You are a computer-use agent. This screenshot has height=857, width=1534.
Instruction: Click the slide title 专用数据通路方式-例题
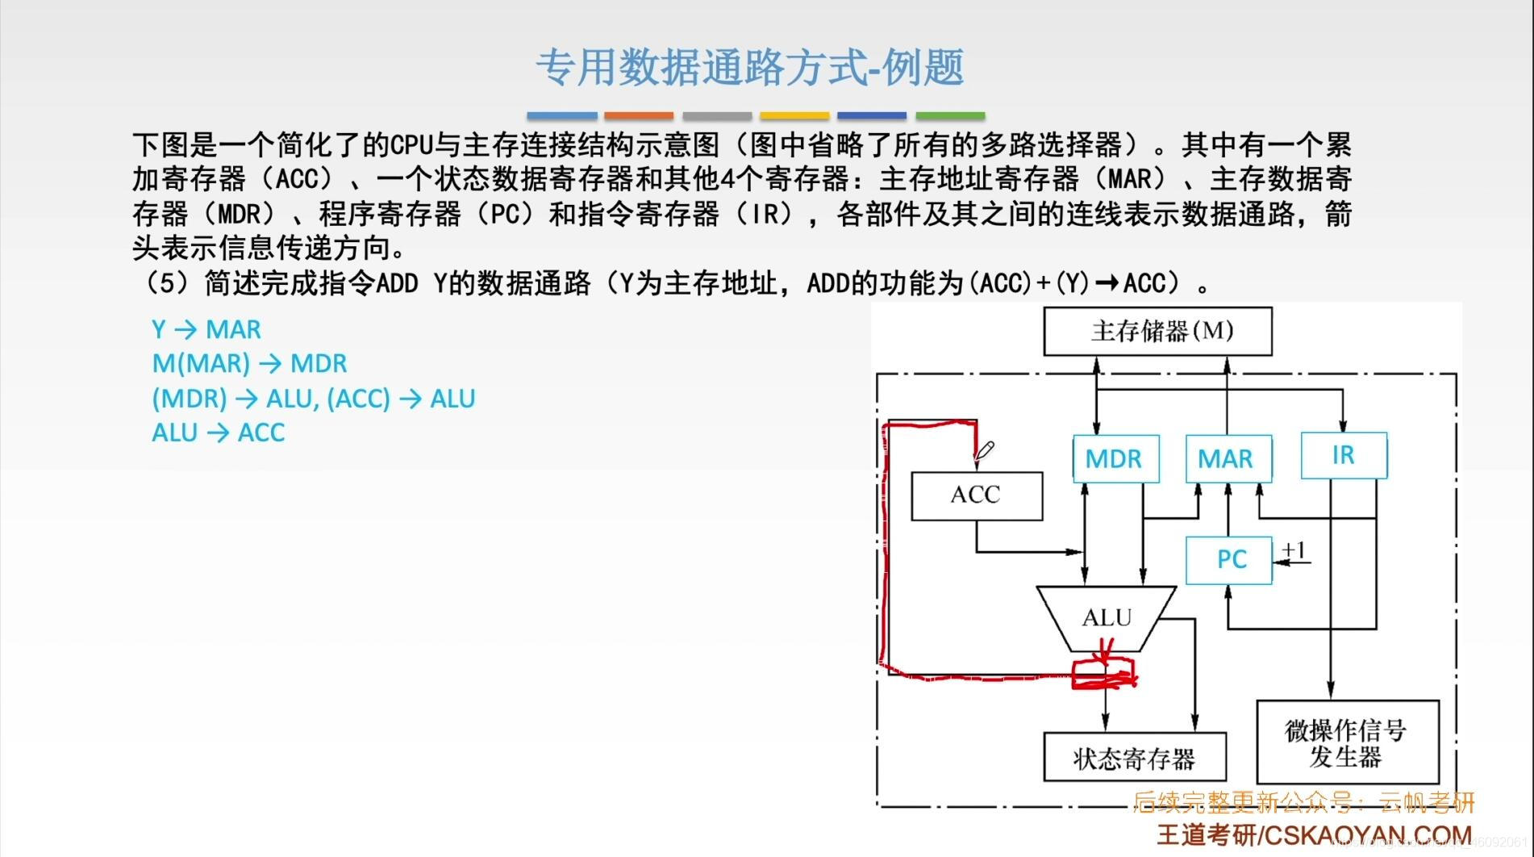click(749, 67)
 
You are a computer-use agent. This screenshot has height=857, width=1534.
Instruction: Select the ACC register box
click(976, 495)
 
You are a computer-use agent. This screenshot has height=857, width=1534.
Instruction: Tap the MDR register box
click(1115, 458)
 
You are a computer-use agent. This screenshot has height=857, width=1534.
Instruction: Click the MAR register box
click(1227, 458)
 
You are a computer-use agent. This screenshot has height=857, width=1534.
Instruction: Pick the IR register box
click(1344, 455)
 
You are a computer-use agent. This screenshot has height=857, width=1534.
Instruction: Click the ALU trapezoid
click(1107, 618)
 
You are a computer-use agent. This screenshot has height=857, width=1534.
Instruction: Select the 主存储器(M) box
click(1157, 331)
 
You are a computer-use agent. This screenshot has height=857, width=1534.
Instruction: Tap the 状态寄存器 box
click(1134, 758)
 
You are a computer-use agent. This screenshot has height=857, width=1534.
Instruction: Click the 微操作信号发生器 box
click(1347, 743)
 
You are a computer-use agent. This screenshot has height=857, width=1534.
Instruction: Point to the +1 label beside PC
click(1294, 550)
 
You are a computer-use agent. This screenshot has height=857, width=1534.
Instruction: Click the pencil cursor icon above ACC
click(985, 450)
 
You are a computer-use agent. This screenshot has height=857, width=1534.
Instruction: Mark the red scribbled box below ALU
click(1103, 674)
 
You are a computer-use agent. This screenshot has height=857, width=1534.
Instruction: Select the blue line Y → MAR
click(206, 329)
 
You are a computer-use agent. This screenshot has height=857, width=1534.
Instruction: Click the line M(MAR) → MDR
click(249, 363)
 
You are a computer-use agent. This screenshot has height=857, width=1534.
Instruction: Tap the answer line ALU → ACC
click(218, 433)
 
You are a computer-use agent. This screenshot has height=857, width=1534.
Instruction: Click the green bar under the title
click(949, 116)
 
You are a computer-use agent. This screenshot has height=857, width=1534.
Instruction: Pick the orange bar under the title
click(638, 116)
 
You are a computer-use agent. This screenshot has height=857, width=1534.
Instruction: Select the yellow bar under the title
click(794, 116)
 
